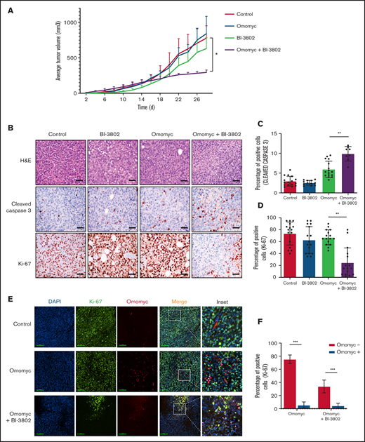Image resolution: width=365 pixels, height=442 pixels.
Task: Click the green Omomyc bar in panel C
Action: [x=309, y=180]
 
